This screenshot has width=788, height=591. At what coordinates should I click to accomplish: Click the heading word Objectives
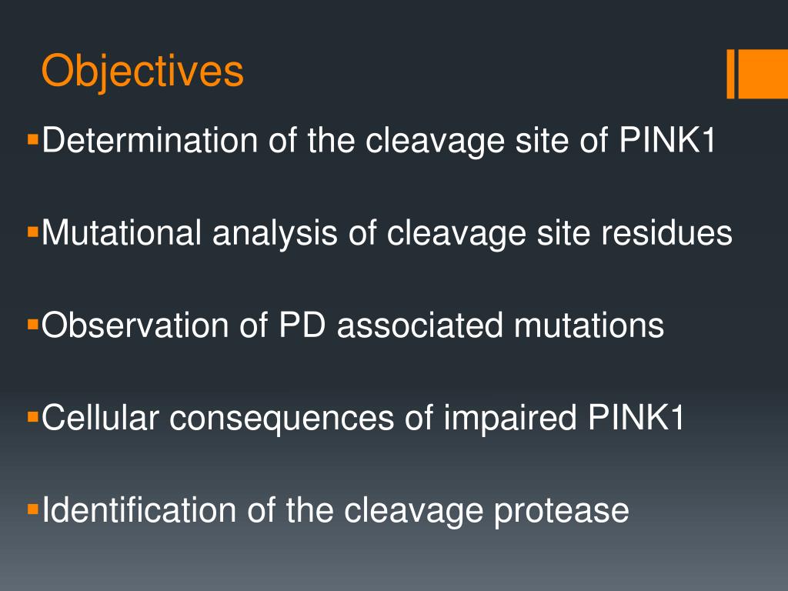(x=142, y=72)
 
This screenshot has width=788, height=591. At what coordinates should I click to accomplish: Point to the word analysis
(x=275, y=233)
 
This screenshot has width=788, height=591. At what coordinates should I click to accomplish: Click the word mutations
(x=589, y=326)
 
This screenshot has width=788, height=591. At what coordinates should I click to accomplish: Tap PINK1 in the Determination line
(x=667, y=141)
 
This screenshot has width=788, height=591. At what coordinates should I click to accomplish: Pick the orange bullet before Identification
(x=32, y=509)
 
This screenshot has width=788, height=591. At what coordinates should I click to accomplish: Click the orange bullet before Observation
(x=32, y=324)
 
